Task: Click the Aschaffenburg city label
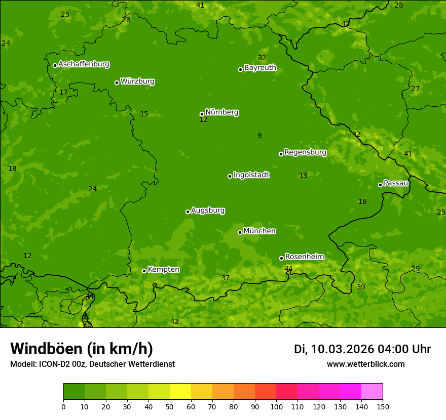click(x=84, y=64)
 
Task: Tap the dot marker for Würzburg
click(x=117, y=82)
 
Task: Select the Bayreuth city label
click(x=260, y=68)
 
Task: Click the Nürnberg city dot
click(x=202, y=114)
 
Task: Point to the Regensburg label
click(x=305, y=152)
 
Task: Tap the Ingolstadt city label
click(x=251, y=175)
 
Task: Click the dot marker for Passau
click(x=380, y=185)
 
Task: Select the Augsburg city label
click(x=208, y=211)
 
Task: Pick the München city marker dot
click(x=240, y=232)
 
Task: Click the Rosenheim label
click(x=304, y=257)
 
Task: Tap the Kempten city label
click(x=163, y=270)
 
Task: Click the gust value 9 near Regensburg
click(x=259, y=136)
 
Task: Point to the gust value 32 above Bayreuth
click(x=262, y=58)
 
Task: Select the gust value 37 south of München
click(x=226, y=278)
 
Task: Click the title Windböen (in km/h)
click(x=82, y=349)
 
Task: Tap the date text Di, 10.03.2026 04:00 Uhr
click(x=362, y=349)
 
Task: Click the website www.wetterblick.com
click(x=365, y=364)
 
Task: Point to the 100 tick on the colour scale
click(x=276, y=406)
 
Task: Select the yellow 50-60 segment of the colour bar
click(x=180, y=392)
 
